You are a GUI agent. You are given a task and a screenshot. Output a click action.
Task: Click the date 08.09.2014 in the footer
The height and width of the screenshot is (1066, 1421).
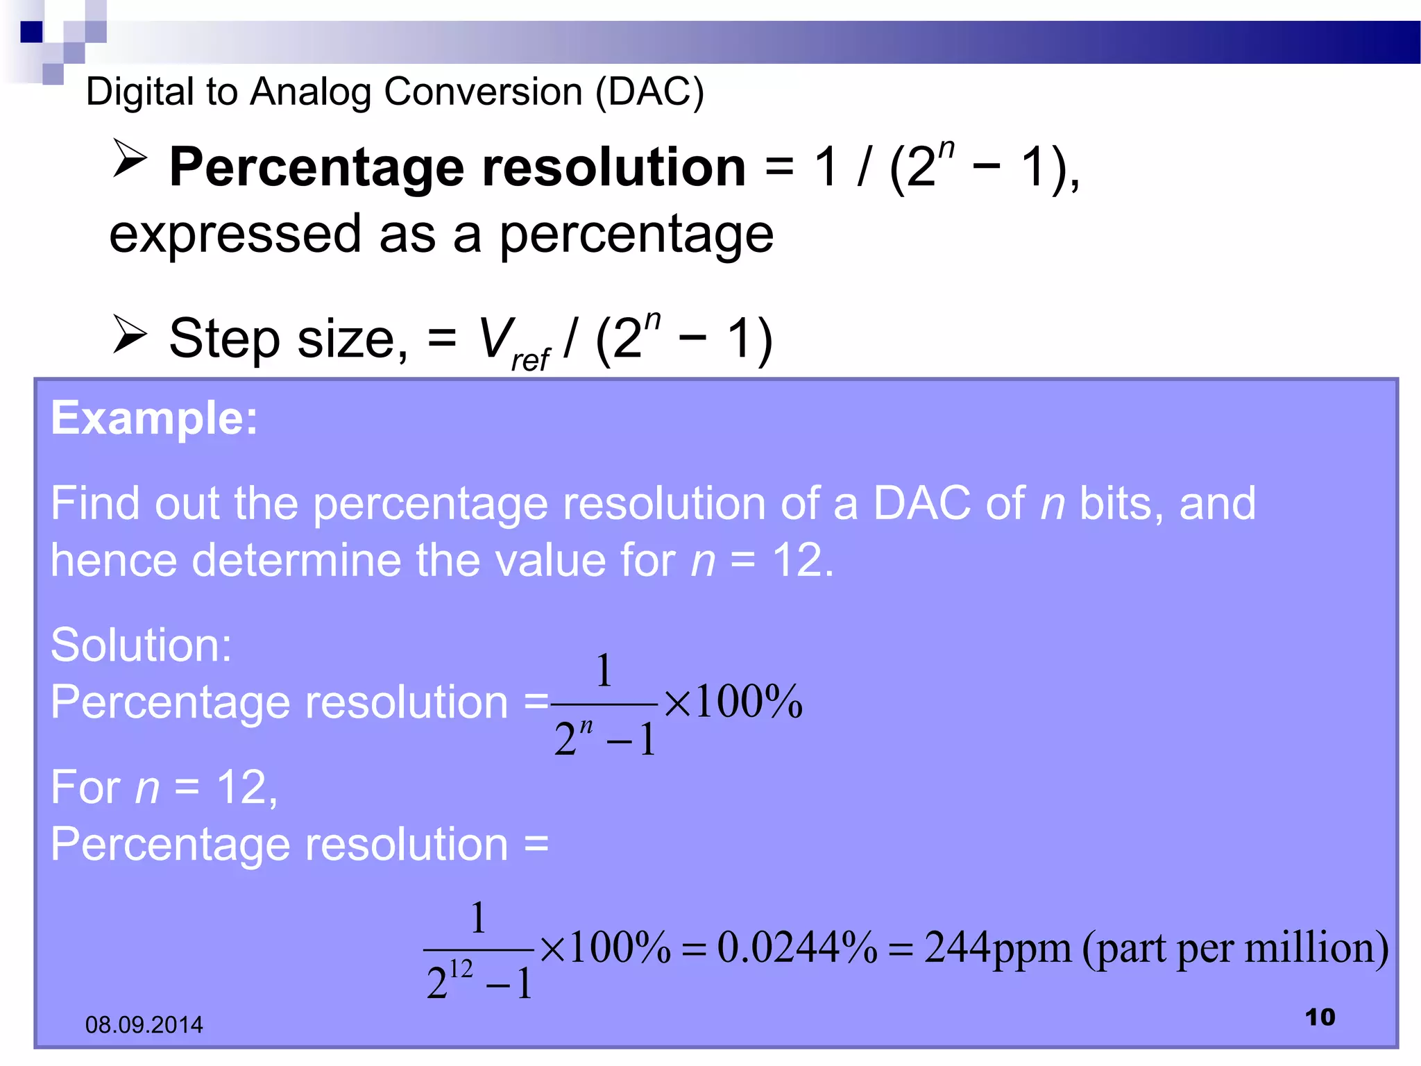click(x=144, y=1024)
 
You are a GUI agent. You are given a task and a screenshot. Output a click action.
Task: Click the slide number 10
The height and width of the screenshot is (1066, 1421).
click(x=1320, y=1017)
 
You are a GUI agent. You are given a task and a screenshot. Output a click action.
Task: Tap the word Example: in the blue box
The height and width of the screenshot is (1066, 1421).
click(x=154, y=418)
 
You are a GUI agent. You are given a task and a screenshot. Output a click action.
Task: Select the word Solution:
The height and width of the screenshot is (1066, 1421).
click(x=141, y=645)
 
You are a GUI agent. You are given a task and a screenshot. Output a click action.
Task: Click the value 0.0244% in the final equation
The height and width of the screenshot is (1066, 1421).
click(x=797, y=948)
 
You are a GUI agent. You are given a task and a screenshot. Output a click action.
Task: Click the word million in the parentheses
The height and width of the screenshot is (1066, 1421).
click(x=1308, y=948)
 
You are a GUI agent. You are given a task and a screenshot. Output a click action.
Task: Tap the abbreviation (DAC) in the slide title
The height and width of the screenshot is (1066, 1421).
click(x=649, y=92)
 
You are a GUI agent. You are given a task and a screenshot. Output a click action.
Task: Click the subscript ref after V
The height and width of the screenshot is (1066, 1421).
click(x=531, y=359)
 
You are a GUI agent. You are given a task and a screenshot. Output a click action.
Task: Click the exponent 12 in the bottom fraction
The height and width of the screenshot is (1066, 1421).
click(x=461, y=968)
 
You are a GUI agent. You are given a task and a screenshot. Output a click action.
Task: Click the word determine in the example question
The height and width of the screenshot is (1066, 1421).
click(x=296, y=560)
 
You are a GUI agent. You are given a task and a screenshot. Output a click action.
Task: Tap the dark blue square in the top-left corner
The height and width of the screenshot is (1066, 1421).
click(x=31, y=32)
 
